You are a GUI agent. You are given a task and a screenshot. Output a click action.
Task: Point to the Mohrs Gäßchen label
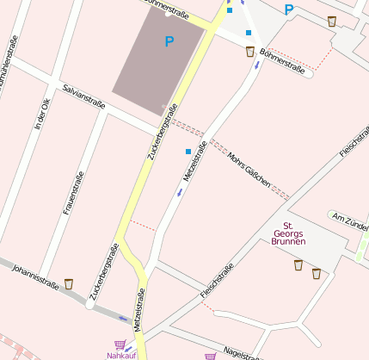(249, 171)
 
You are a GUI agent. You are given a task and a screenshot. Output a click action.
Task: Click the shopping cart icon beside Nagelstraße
(209, 356)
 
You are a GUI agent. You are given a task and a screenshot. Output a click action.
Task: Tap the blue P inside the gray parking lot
(169, 40)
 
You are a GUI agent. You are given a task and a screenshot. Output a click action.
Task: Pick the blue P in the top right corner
(289, 10)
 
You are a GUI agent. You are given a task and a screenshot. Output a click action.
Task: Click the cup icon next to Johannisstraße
(69, 283)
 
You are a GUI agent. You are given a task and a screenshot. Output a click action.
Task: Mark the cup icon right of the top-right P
(332, 21)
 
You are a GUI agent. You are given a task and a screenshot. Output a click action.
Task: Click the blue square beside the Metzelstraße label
(188, 152)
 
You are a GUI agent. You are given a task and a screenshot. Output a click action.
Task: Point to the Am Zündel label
(350, 219)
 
